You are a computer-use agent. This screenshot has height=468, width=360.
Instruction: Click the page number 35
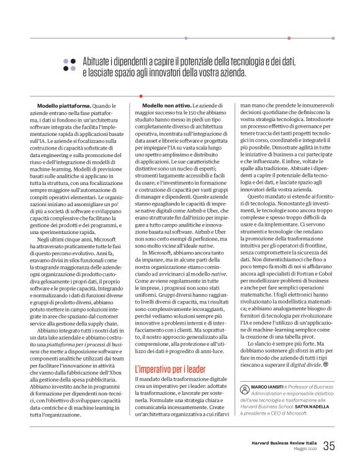pyautogui.click(x=329, y=446)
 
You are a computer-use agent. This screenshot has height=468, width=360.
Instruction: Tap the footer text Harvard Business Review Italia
pyautogui.click(x=284, y=443)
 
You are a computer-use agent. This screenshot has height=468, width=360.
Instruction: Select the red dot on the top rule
pyautogui.click(x=289, y=38)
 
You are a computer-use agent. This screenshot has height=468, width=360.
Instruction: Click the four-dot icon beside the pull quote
pyautogui.click(x=69, y=65)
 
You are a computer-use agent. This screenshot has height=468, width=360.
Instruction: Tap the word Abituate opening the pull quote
pyautogui.click(x=100, y=61)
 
